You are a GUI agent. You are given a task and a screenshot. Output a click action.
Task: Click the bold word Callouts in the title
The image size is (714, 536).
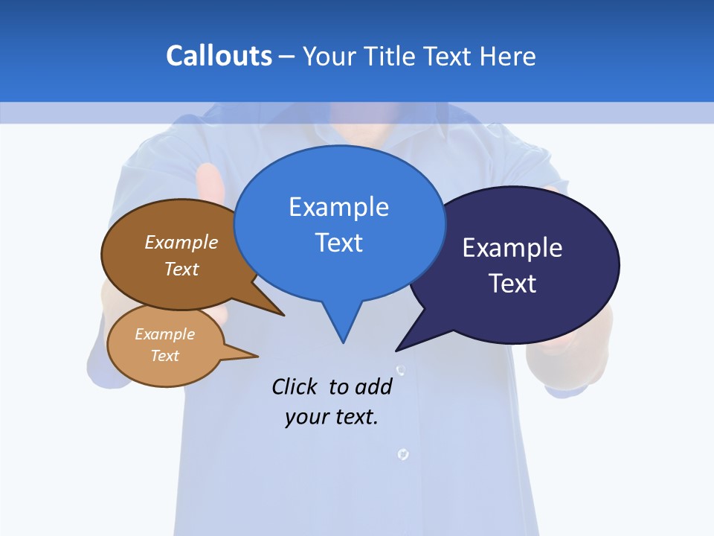coord(219,56)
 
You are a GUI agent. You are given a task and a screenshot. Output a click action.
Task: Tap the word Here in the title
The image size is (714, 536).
coord(508,56)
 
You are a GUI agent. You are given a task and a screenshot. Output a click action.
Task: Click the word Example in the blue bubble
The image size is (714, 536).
coord(338,207)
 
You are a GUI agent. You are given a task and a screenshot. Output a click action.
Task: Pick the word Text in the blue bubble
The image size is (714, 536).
coord(338,243)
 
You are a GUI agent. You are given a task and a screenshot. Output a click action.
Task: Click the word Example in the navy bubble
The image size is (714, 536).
coord(512,248)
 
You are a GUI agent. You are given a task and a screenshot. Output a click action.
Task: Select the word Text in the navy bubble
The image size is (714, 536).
coord(512,284)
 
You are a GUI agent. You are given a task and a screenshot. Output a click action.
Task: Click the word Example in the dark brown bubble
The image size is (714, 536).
coord(181,243)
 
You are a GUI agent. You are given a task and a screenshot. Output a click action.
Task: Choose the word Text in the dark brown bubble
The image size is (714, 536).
coord(181,269)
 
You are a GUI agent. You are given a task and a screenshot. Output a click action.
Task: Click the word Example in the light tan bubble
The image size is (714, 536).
coord(164,334)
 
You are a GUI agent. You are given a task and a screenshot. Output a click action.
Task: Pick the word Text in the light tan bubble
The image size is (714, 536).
coord(164,356)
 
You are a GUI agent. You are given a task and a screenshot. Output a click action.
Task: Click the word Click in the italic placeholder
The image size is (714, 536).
coord(296,386)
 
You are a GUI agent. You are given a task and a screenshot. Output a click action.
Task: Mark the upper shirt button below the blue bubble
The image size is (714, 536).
coord(401,370)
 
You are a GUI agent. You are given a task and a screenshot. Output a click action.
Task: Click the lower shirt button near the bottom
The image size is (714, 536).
coord(403,453)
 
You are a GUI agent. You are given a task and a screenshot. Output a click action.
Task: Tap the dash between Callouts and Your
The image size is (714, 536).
coord(287,57)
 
